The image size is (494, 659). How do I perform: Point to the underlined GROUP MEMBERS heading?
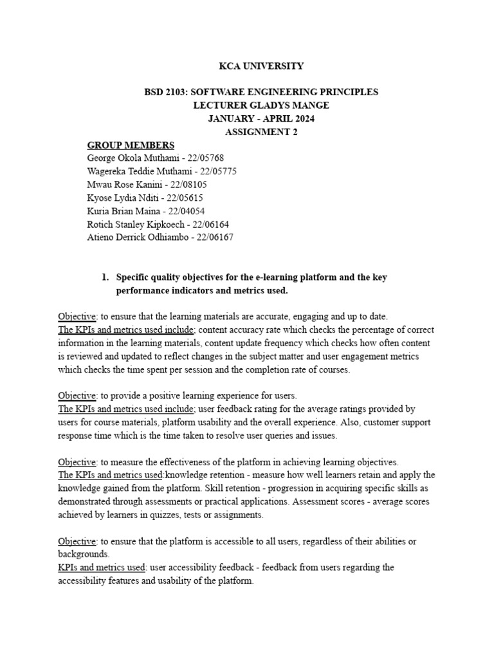tap(130, 145)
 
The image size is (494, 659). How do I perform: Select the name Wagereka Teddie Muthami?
tap(133, 171)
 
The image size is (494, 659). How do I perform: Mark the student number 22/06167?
tap(212, 237)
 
